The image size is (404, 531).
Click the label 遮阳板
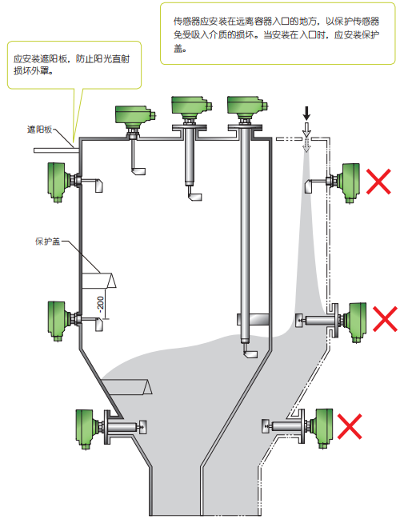click(39, 130)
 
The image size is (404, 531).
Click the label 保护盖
click(47, 242)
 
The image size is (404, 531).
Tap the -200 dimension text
click(101, 303)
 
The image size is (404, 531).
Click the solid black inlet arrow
click(306, 114)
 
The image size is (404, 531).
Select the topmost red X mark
click(379, 182)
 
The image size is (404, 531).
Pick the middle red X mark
click(385, 319)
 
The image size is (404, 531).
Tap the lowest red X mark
click(350, 426)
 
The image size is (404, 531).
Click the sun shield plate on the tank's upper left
click(56, 150)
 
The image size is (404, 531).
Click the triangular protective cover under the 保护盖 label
click(99, 281)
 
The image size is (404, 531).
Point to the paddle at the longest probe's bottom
click(251, 353)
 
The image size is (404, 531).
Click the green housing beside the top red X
click(349, 183)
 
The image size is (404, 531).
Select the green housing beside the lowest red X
click(322, 428)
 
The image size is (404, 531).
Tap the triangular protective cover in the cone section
click(127, 387)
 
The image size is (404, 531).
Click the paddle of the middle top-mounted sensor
click(195, 197)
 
